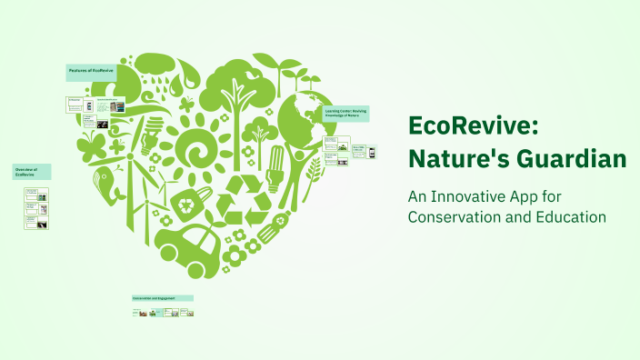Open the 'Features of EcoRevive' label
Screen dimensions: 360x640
pyautogui.click(x=90, y=71)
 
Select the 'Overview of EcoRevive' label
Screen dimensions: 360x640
pyautogui.click(x=31, y=172)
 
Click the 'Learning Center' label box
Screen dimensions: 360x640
pyautogui.click(x=346, y=114)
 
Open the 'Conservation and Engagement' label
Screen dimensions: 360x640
pyautogui.click(x=162, y=297)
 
